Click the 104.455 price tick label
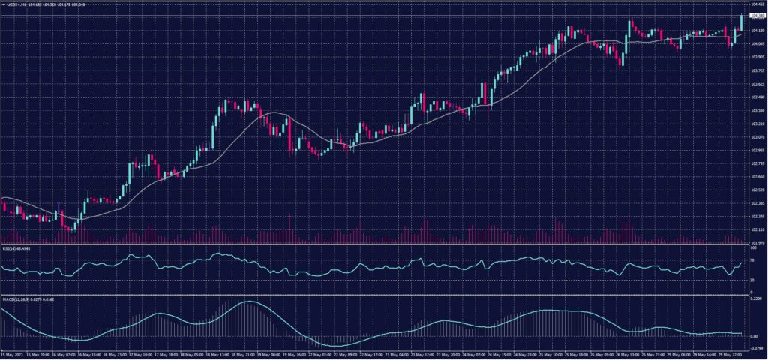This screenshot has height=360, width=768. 754,4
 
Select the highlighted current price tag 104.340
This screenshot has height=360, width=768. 755,15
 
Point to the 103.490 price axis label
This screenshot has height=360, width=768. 754,97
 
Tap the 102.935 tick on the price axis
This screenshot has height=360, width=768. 754,150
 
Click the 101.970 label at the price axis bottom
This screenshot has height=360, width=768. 754,242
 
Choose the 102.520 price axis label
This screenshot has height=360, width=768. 754,190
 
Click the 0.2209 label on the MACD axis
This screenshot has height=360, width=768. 754,299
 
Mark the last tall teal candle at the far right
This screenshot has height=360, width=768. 741,22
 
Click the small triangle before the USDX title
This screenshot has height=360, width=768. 3,4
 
